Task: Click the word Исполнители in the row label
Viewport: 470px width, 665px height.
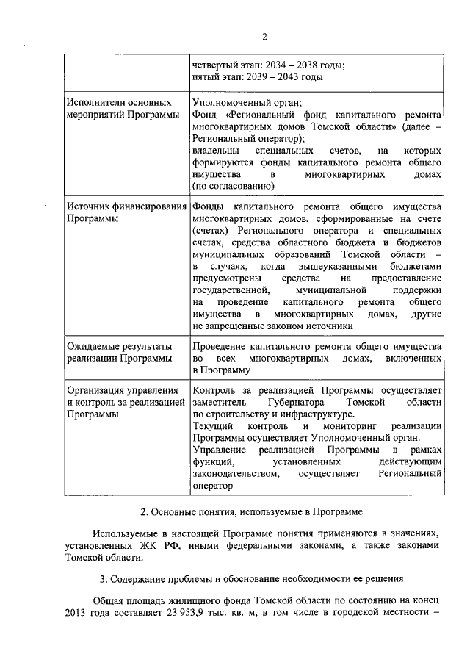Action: point(94,103)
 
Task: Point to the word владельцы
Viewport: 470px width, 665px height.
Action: point(215,150)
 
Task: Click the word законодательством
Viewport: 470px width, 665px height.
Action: point(236,474)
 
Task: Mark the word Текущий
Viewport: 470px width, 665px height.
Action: point(213,426)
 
